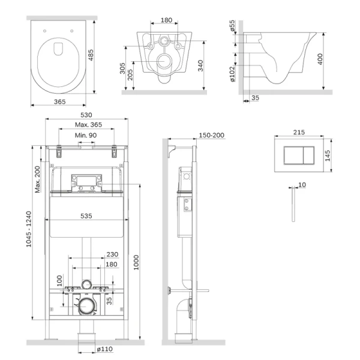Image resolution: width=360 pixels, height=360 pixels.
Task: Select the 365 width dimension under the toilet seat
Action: click(60, 102)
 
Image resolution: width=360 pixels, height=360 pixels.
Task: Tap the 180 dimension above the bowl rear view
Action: click(166, 20)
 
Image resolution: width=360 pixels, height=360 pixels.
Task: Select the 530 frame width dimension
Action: click(88, 115)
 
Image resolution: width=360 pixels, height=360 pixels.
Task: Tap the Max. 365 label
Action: click(88, 124)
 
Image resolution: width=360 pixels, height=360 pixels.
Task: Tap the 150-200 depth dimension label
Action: click(211, 135)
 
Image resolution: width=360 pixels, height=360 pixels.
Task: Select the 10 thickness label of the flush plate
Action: click(301, 185)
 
